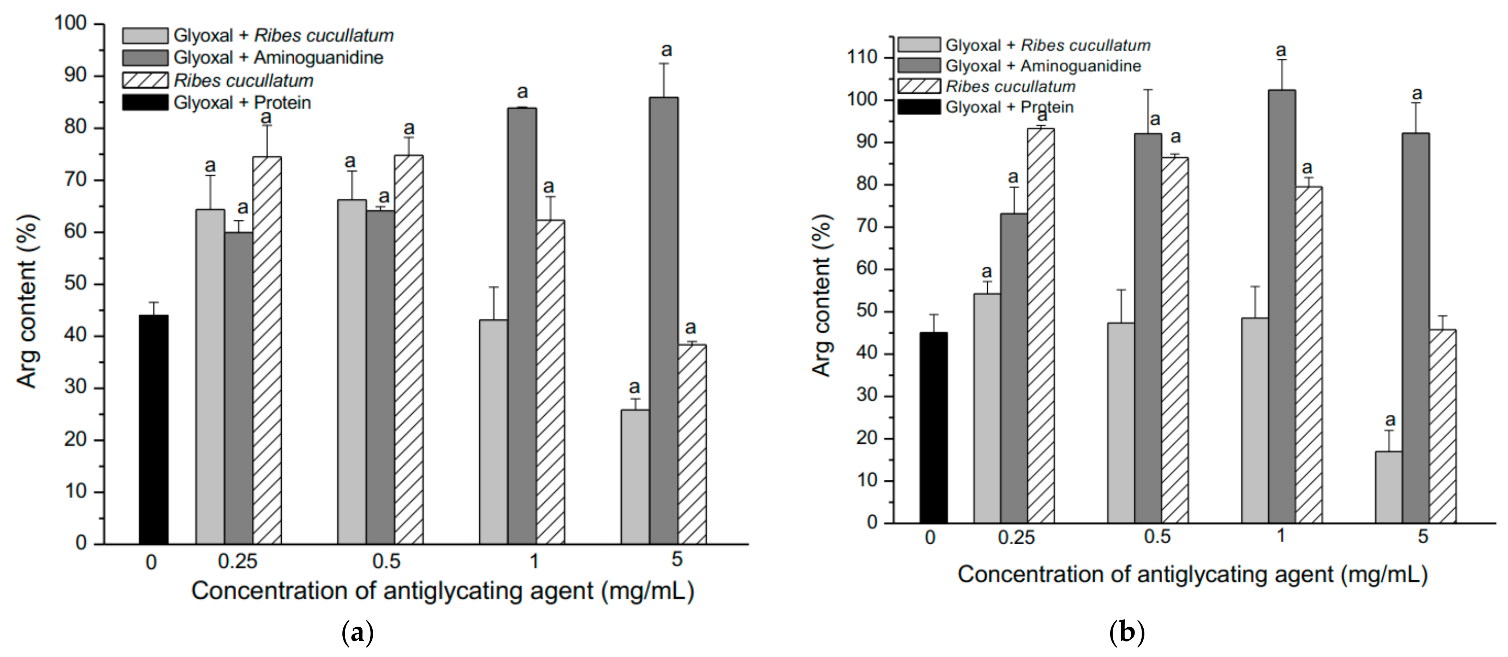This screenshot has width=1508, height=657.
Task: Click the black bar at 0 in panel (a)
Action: (x=153, y=429)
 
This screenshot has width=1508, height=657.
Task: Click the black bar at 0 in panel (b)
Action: (x=933, y=427)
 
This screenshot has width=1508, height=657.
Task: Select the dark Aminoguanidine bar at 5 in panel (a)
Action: (x=664, y=320)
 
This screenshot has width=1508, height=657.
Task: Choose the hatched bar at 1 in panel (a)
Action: (x=550, y=382)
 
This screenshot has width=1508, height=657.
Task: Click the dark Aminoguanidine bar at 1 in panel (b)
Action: (x=1281, y=306)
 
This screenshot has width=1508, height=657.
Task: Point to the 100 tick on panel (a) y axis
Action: (x=70, y=23)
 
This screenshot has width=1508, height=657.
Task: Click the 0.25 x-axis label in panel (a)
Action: (x=238, y=562)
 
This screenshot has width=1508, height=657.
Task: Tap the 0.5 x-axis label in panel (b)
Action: (x=1157, y=537)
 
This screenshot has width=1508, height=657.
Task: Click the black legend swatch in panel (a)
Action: (x=145, y=102)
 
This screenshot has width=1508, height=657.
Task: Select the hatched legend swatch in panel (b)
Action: (x=918, y=87)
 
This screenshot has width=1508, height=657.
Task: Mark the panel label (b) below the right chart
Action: (x=1126, y=633)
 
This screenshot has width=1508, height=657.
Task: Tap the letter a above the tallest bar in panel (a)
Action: (x=666, y=51)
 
